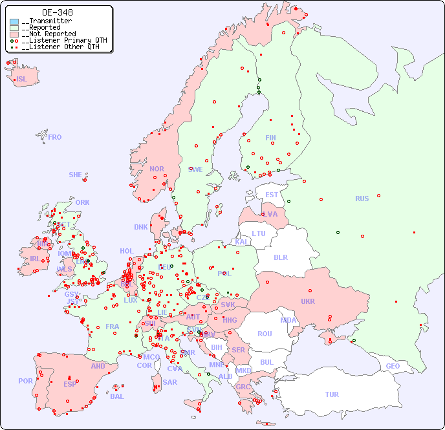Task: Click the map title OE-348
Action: [x=57, y=12]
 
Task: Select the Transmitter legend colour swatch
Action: [x=14, y=21]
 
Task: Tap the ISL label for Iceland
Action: [x=22, y=80]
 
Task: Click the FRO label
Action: [x=55, y=137]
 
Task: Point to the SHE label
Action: [x=75, y=175]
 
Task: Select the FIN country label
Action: [x=270, y=138]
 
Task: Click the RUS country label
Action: [x=362, y=199]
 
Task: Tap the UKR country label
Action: [x=308, y=301]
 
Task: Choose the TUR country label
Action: [x=332, y=394]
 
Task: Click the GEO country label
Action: [x=393, y=366]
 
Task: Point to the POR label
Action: [x=25, y=381]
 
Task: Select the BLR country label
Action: [x=280, y=257]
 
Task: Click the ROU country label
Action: [x=265, y=334]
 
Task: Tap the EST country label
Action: [x=272, y=195]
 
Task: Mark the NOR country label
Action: [x=157, y=169]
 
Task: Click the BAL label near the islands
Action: [x=117, y=396]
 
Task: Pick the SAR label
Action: [x=169, y=382]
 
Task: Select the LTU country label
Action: [x=259, y=233]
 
